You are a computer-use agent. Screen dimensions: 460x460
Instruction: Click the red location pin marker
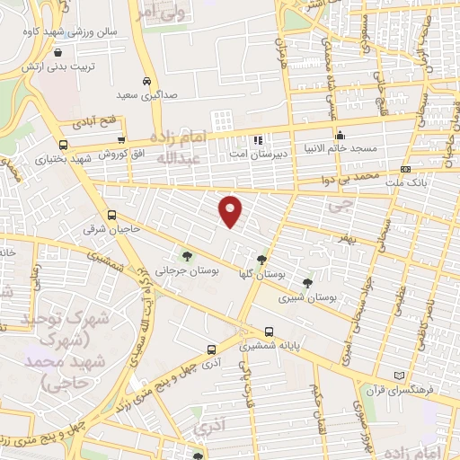[231, 209]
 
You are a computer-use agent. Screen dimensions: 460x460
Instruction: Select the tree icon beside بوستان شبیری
[307, 283]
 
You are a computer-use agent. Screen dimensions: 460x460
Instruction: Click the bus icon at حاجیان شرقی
[111, 215]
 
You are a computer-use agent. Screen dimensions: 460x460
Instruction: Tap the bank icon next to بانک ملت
[406, 168]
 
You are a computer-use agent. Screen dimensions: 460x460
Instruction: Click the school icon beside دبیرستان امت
[258, 139]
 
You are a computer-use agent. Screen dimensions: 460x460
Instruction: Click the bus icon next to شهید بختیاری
[62, 145]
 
